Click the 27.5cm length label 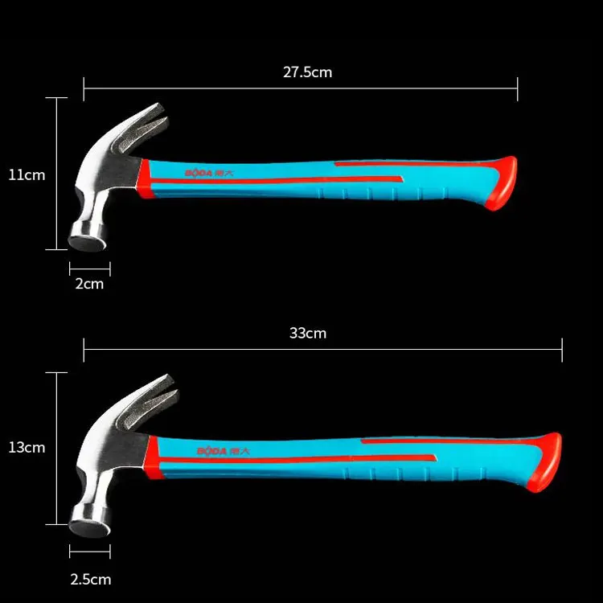click(x=307, y=72)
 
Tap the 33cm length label click(x=308, y=333)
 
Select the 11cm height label click(x=27, y=174)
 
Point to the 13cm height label click(x=27, y=448)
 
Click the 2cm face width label click(x=89, y=283)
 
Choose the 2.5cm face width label click(x=89, y=579)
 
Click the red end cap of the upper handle click(x=506, y=183)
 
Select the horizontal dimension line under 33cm click(x=322, y=350)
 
